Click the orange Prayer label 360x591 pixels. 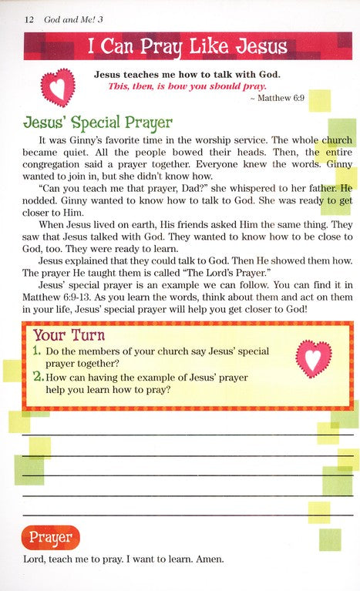tap(51, 536)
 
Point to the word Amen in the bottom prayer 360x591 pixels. tap(207, 561)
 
